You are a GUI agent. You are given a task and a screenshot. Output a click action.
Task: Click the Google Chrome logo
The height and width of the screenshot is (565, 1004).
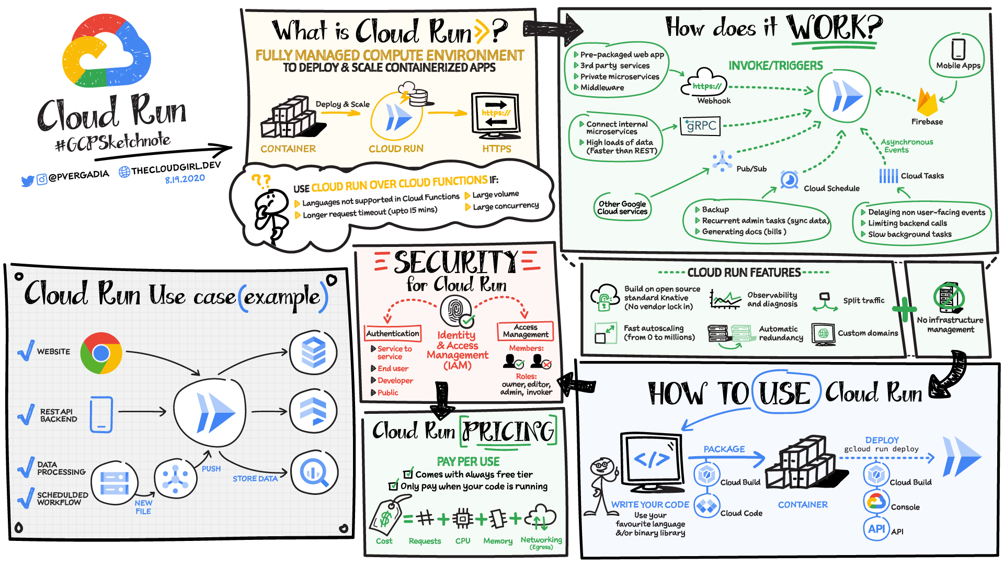coord(101,353)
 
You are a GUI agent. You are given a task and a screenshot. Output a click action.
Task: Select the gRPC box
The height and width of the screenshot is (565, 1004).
coord(700,126)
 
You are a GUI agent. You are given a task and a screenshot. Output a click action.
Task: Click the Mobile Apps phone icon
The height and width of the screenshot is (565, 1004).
coord(958,49)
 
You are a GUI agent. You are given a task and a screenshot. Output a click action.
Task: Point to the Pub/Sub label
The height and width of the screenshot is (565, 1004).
coord(751,169)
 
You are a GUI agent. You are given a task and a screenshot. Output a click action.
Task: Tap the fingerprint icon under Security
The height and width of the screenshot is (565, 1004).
coord(455,311)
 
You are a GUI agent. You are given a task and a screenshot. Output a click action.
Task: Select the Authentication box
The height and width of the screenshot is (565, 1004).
coord(393,333)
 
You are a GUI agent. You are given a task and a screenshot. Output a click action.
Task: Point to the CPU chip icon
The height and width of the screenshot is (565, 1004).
coord(463,518)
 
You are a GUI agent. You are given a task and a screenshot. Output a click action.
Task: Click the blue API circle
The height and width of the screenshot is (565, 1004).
coord(876,529)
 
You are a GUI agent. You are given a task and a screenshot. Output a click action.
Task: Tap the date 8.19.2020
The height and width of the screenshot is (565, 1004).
coord(185,179)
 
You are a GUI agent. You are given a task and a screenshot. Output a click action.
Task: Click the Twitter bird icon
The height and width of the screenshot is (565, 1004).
coord(27,181)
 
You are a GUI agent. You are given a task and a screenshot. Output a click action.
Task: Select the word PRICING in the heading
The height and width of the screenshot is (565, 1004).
coord(508,432)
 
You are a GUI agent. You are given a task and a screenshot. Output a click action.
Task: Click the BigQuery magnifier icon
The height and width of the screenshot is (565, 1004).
coord(314,473)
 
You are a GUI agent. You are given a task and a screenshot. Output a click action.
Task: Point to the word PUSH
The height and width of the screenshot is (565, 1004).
coord(211,469)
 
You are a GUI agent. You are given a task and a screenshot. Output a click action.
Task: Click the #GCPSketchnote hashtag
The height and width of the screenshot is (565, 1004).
coord(113,141)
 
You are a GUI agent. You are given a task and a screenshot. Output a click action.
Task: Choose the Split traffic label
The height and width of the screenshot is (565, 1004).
coord(864,300)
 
